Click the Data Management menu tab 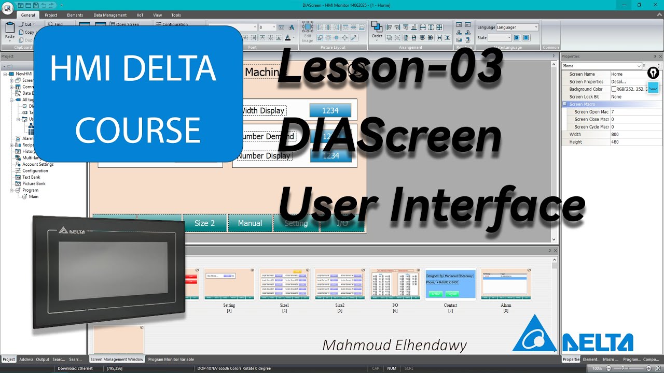(110, 15)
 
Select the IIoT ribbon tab (140, 15)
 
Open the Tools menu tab (176, 15)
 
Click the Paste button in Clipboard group (10, 31)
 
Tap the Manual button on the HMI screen (250, 223)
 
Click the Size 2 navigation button (204, 223)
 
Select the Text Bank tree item (31, 177)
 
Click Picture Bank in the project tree (34, 183)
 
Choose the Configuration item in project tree (35, 170)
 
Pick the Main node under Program (33, 196)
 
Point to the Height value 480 (615, 142)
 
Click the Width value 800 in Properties (615, 134)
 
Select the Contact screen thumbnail (450, 284)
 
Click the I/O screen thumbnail (395, 284)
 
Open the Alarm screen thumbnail (506, 284)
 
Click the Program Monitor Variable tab (171, 359)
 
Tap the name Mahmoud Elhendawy (394, 346)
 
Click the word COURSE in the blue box (138, 130)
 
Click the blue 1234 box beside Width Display (330, 110)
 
